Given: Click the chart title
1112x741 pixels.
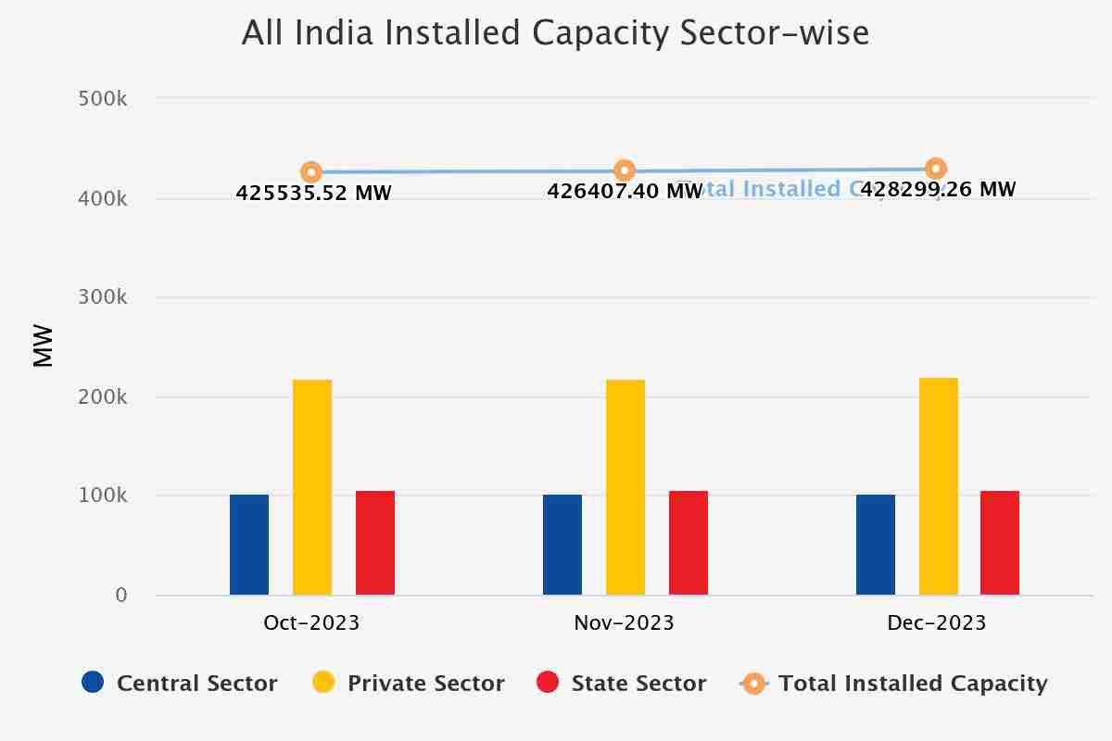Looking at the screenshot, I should [x=555, y=33].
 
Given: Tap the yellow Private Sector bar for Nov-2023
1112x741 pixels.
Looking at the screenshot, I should [x=625, y=487].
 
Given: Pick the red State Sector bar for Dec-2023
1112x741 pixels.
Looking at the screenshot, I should [x=1000, y=543].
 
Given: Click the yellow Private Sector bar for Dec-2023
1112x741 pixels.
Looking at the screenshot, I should [x=939, y=486].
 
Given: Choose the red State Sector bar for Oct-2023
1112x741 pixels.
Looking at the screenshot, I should [x=375, y=543].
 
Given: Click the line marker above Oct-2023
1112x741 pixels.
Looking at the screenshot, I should [x=311, y=172].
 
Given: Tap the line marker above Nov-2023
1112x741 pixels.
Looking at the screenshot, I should [x=625, y=170].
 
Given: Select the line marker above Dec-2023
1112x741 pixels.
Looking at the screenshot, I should [x=936, y=169].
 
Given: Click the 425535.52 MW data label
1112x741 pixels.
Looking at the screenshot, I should [x=313, y=194].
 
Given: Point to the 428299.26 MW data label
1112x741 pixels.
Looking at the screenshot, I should [x=938, y=190].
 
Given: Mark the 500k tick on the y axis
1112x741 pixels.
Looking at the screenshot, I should [x=103, y=98].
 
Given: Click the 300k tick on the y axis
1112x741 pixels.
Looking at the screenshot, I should [x=103, y=297].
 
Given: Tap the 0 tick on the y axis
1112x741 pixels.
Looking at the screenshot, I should [x=121, y=596].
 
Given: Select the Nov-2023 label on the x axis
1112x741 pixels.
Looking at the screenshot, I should [x=624, y=623].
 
